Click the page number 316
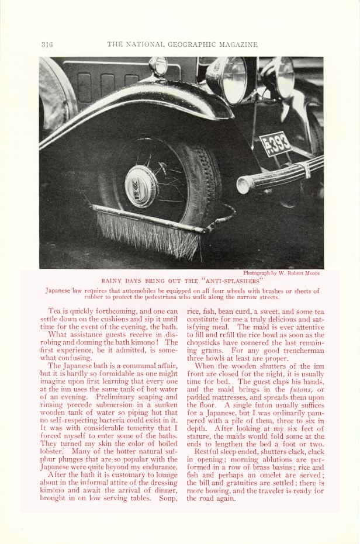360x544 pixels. coord(47,44)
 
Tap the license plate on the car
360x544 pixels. coord(275,143)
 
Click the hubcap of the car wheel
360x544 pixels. coord(141,186)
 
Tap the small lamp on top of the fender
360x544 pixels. coord(158,66)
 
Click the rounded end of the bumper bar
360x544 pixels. coord(244,186)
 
